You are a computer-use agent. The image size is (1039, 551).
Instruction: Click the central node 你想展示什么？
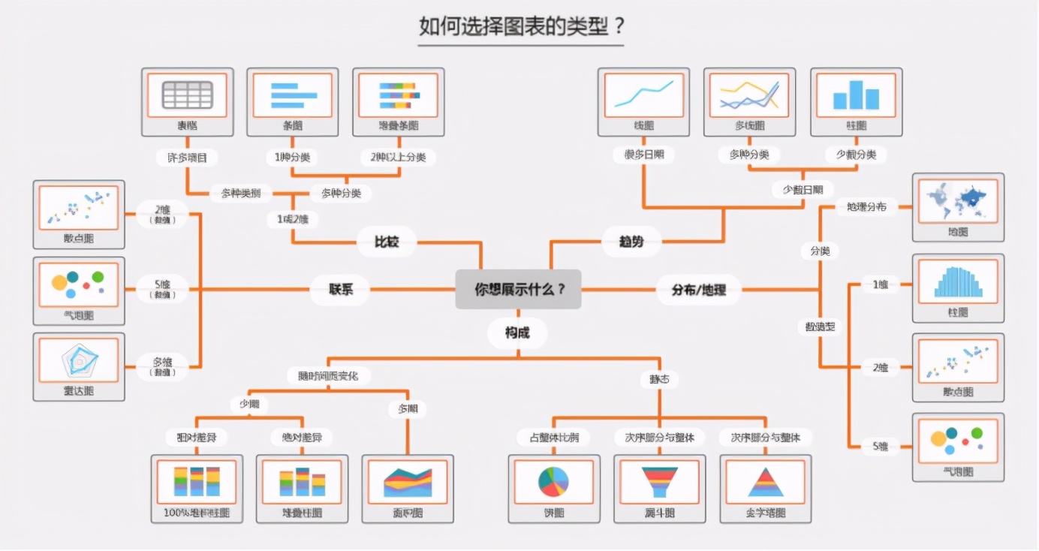518,289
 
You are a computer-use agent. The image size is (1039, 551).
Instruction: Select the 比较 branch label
387,242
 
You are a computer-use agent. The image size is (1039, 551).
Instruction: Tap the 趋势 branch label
631,242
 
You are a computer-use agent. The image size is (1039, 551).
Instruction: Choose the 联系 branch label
340,289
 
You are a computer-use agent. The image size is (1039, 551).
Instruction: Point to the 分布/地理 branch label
699,289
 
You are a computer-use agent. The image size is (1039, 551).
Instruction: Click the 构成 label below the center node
517,333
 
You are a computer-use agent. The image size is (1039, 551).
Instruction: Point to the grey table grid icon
188,95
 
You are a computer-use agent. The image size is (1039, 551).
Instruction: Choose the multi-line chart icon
749,95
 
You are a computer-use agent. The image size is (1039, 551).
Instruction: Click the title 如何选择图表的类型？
521,26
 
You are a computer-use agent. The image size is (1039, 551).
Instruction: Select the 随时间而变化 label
329,375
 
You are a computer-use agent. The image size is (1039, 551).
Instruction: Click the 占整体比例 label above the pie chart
553,437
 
